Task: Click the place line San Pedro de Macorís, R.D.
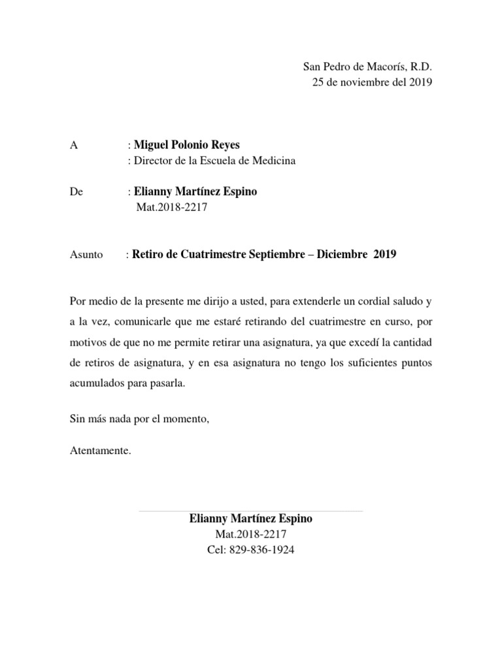(x=367, y=67)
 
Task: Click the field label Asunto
(x=86, y=255)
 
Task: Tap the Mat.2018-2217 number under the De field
(x=171, y=208)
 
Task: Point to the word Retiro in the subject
(x=150, y=254)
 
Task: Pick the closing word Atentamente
(x=100, y=450)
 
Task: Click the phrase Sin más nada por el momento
(x=139, y=418)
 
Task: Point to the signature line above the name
(x=251, y=511)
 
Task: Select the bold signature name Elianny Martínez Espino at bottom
(x=251, y=519)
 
